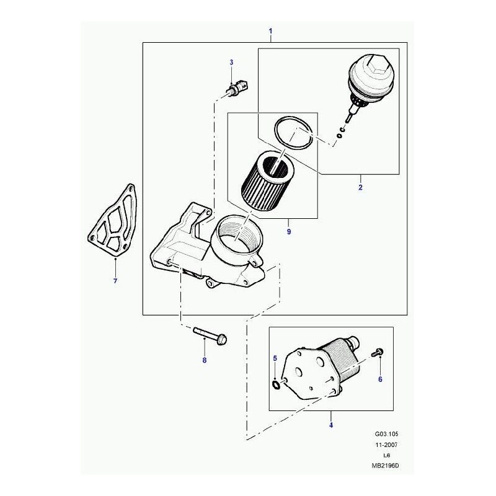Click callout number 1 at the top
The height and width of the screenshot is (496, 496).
tap(270, 31)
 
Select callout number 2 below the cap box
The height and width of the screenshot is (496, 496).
tap(360, 186)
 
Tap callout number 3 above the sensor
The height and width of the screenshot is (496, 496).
tap(231, 63)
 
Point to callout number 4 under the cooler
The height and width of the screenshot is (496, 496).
tap(330, 425)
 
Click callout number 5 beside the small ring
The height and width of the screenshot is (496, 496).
tap(275, 359)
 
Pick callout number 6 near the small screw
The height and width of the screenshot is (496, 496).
tap(380, 378)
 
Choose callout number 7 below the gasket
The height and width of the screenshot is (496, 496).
tap(115, 282)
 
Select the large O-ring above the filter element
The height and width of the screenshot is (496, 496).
tap(294, 132)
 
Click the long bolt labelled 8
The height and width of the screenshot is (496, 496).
tap(211, 337)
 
